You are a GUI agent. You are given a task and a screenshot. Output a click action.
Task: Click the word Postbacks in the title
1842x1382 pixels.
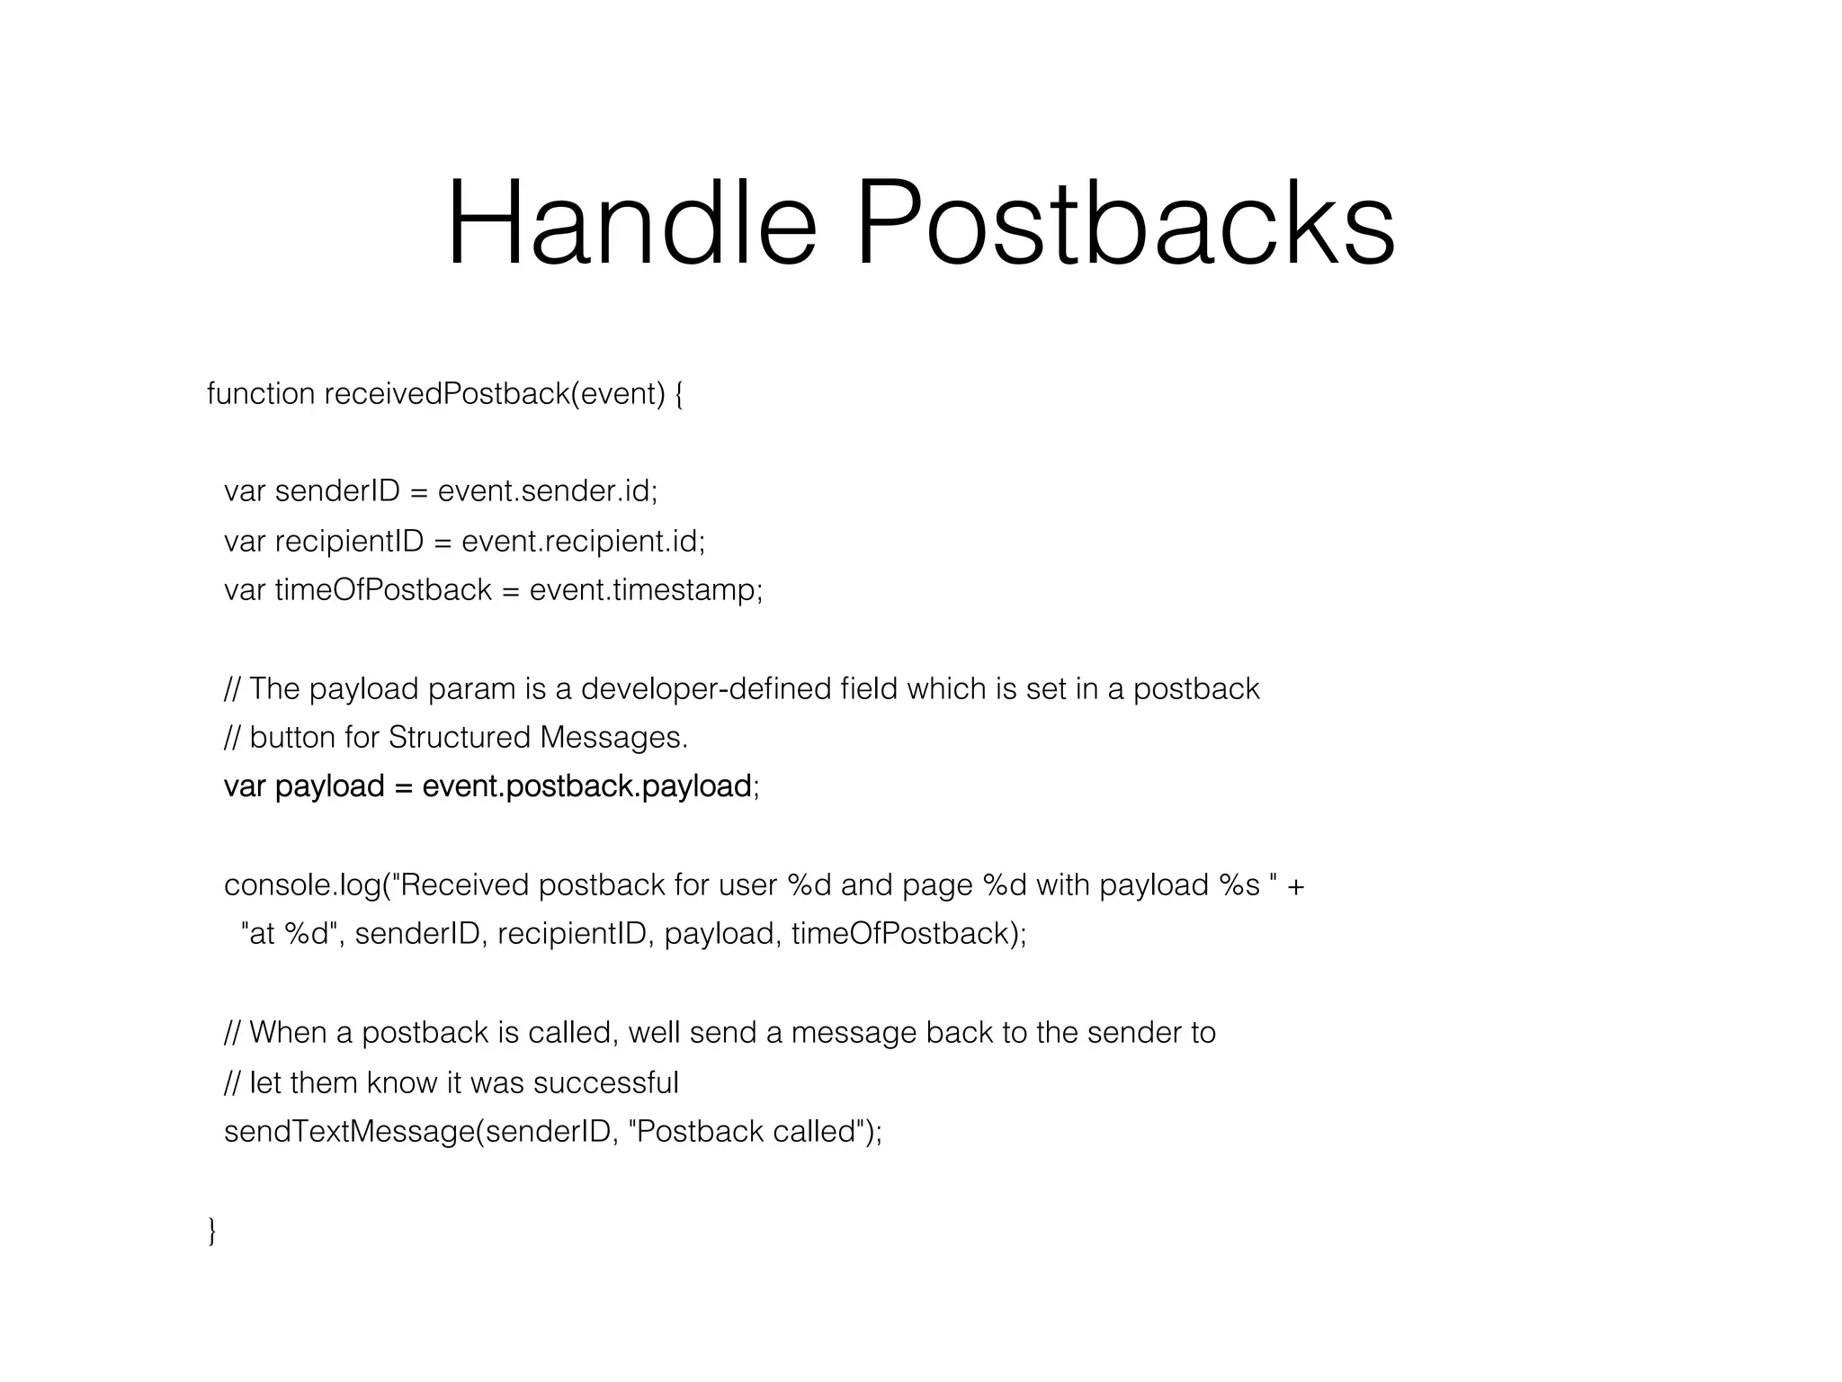(1125, 223)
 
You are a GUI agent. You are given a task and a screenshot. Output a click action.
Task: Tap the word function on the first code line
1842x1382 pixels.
(261, 394)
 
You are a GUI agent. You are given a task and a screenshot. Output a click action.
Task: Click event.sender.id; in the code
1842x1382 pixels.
(548, 491)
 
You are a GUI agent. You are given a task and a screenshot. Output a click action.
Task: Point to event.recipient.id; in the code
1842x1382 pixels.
(583, 541)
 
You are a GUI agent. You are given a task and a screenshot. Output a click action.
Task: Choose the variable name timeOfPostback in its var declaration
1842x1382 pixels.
(383, 590)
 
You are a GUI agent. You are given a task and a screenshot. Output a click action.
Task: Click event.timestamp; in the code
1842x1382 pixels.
(646, 590)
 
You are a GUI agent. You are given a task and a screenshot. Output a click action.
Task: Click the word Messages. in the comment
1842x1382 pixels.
(614, 738)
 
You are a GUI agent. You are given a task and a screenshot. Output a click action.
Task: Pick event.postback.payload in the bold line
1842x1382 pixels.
(586, 786)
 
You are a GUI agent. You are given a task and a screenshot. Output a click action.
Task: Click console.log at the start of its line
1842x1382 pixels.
(302, 885)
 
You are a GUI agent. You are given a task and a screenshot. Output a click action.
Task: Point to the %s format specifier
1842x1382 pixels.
(1239, 885)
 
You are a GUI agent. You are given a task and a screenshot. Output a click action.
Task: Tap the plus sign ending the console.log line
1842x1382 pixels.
(1295, 885)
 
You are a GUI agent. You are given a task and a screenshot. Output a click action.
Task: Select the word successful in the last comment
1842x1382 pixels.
(605, 1081)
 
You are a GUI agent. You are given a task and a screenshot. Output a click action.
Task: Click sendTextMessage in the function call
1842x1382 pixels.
(348, 1131)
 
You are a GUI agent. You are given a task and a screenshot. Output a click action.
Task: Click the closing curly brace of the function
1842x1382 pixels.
(212, 1230)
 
